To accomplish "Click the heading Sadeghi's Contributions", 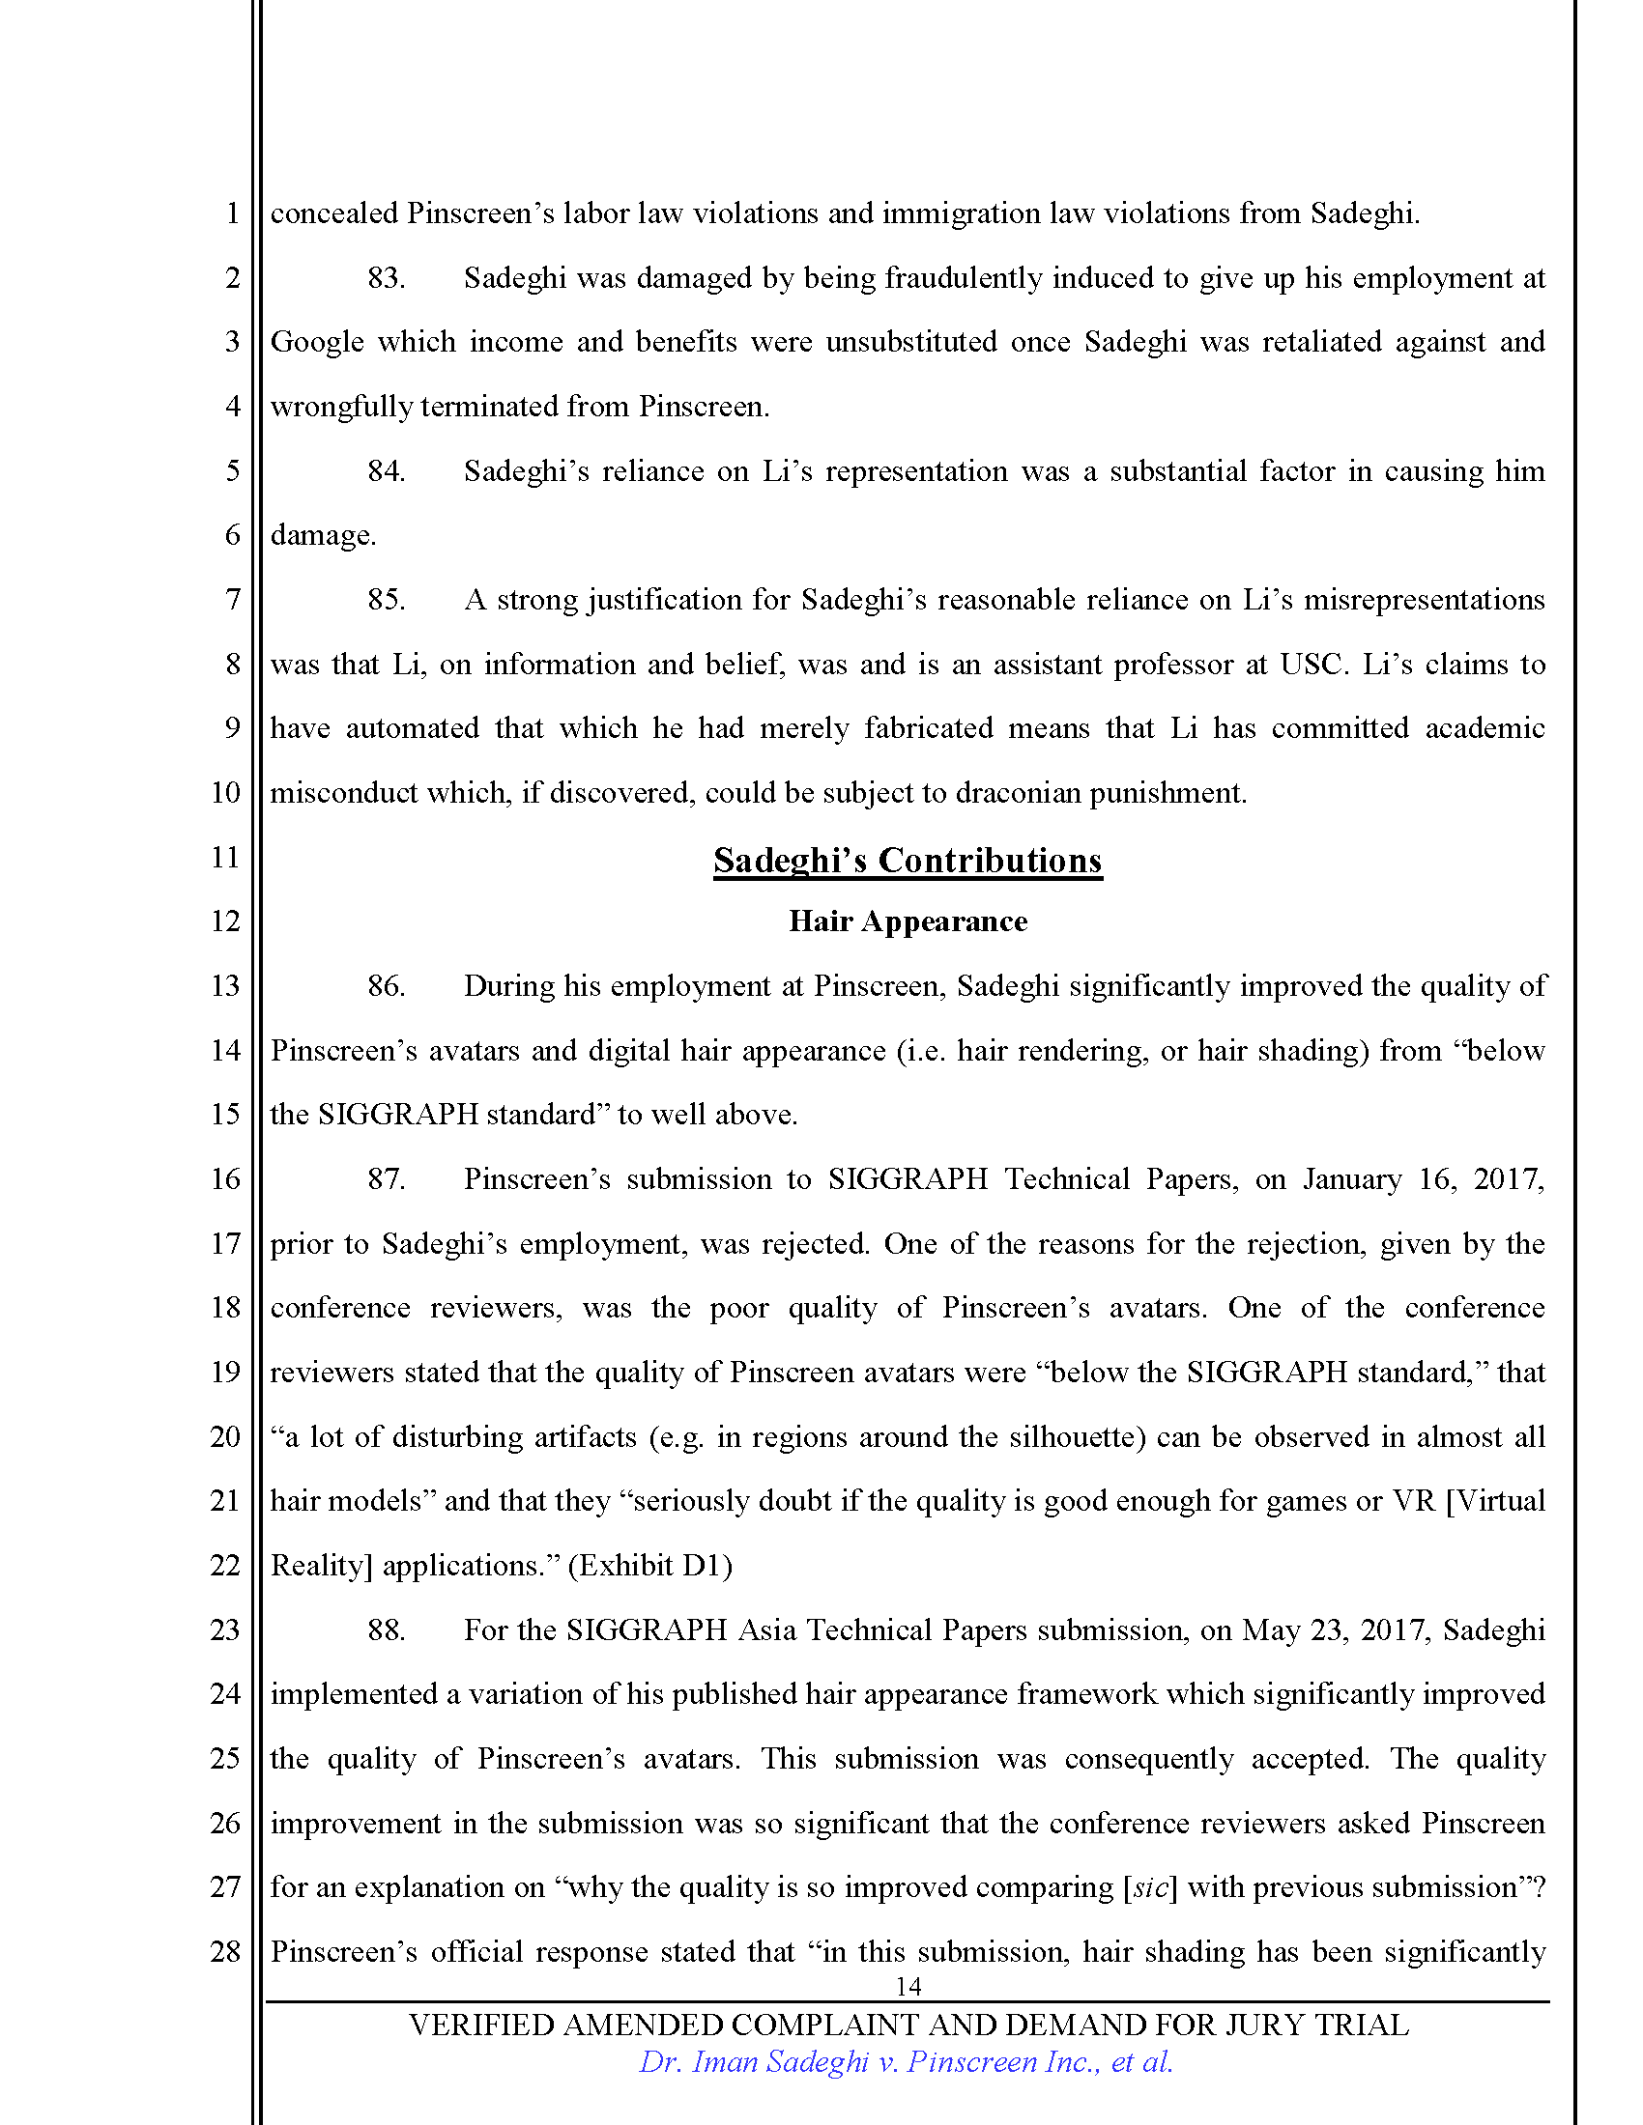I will pos(908,860).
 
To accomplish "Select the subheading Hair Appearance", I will pos(908,921).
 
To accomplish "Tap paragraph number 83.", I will pos(386,278).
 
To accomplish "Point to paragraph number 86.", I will pos(386,985).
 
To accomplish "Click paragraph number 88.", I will pos(386,1629).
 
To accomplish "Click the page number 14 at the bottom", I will pos(908,1986).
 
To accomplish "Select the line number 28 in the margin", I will pos(225,1951).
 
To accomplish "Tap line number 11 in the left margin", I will pos(225,857).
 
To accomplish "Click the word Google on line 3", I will pos(314,343).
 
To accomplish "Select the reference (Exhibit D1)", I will pos(650,1566).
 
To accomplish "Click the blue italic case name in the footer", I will pos(907,2062).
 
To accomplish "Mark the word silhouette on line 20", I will pos(1072,1437).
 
